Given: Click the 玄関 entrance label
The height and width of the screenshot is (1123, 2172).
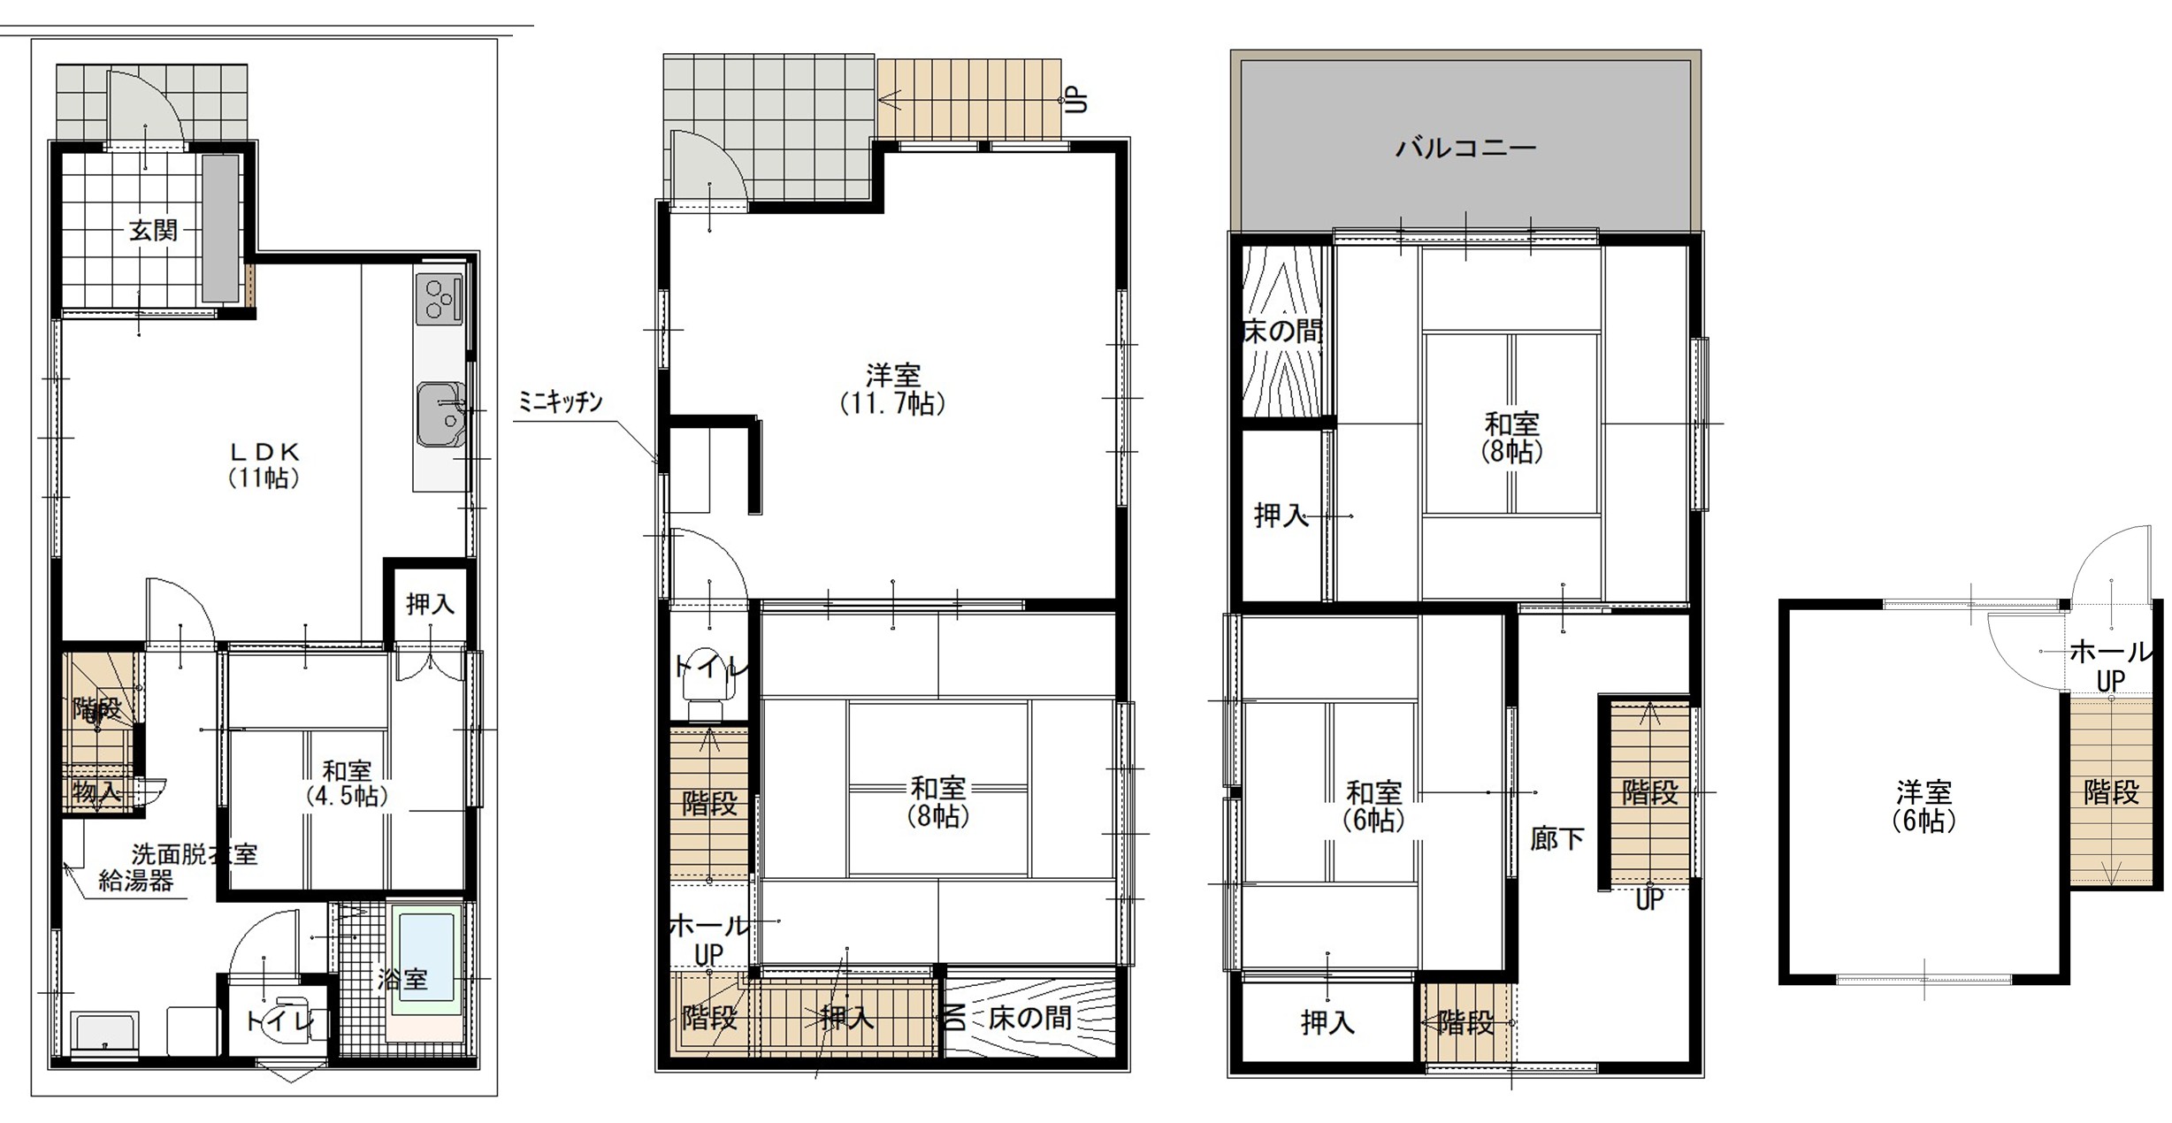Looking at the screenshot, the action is pos(153,231).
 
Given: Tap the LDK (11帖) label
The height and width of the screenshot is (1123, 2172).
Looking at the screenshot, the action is pos(264,465).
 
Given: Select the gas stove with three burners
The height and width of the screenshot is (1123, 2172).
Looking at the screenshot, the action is pos(440,298).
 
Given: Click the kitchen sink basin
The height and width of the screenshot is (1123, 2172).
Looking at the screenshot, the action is pos(440,414).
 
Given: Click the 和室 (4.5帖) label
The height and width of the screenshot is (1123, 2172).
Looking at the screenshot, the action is pos(347,783).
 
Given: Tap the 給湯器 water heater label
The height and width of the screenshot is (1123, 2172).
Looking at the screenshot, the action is pos(135,881).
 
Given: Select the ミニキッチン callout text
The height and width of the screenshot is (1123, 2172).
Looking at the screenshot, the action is pos(560,403).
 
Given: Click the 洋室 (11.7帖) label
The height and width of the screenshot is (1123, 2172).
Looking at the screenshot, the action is pos(892,390).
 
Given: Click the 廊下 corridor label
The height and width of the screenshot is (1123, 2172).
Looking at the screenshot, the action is pos(1556,838).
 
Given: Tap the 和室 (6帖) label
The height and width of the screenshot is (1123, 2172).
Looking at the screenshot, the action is pos(1374,806).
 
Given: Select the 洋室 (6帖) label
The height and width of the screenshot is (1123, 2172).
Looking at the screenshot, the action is pos(1923,806).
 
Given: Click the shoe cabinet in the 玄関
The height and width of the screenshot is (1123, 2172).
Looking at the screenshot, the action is pos(221,228).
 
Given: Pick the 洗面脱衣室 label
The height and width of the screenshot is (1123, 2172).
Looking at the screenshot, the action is pos(195,854).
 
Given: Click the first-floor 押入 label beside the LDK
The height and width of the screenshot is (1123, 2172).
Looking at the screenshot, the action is pos(430,605).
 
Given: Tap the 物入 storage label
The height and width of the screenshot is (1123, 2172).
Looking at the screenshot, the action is pos(96,791).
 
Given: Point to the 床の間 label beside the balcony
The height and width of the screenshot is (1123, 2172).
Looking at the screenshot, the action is pos(1283,332).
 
